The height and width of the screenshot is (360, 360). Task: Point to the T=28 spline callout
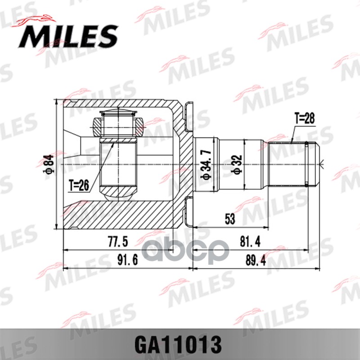tap(305, 118)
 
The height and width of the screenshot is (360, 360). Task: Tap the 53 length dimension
tap(230, 220)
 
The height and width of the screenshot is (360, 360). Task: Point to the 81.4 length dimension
tap(251, 242)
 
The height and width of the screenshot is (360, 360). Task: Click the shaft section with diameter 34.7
tap(206, 148)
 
